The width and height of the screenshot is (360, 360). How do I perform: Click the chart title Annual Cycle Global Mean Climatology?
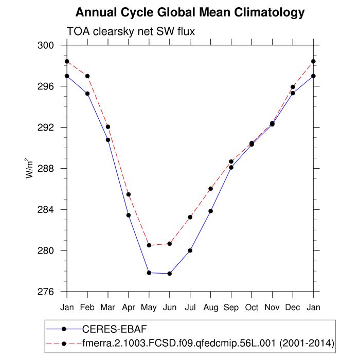pos(190,12)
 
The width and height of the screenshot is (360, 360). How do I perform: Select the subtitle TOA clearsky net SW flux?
pos(131,31)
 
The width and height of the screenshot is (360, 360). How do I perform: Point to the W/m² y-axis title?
pos(30,168)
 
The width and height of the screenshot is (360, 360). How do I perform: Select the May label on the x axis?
pos(149,308)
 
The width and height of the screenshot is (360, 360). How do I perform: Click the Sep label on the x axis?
pos(231,308)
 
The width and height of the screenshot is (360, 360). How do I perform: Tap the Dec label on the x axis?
pos(293,308)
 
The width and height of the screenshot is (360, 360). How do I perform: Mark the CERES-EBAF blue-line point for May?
pos(149,273)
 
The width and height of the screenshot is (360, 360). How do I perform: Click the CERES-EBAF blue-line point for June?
pos(170,274)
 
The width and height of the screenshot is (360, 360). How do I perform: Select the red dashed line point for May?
pos(149,245)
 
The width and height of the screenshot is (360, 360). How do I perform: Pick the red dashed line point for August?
pos(211,189)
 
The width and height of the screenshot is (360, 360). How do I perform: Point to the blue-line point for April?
pos(129,215)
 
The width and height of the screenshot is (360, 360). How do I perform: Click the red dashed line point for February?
pos(87,76)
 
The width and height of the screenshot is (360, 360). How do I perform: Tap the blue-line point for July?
pos(190,250)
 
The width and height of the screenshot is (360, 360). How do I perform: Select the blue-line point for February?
pos(87,94)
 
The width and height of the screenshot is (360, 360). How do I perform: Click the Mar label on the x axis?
pos(108,308)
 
